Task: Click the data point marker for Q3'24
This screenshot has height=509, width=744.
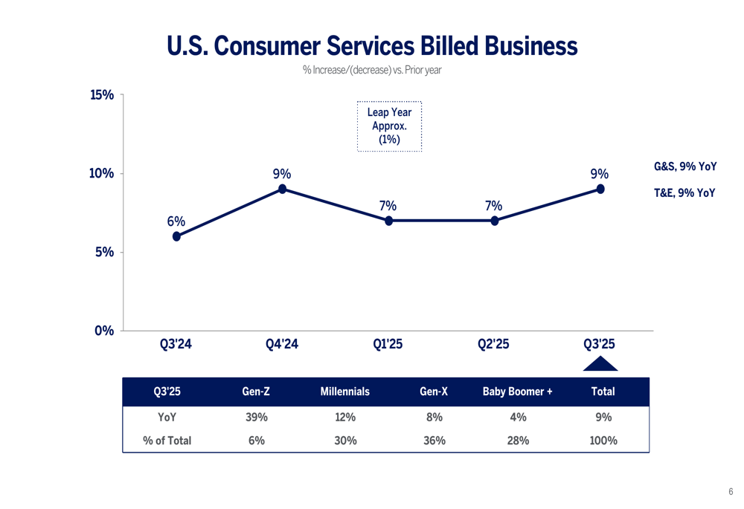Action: point(176,236)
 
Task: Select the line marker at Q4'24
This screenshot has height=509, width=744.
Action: point(283,189)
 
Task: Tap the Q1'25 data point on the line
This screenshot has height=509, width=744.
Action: point(388,221)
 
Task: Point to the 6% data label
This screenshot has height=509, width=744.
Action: point(176,221)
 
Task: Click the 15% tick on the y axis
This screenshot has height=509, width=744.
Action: point(102,95)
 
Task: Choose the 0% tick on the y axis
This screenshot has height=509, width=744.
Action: point(104,331)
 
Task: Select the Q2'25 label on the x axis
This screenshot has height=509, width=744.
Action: point(493,344)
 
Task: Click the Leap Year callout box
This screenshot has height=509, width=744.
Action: point(389,126)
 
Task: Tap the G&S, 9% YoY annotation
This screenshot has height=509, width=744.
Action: point(684,167)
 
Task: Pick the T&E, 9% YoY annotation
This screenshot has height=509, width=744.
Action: point(684,193)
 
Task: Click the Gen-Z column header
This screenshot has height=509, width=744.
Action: point(256,392)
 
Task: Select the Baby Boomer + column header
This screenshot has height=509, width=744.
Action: point(517,392)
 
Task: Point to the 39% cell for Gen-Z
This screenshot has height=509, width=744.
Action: point(256,418)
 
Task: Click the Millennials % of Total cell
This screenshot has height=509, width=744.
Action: point(345,441)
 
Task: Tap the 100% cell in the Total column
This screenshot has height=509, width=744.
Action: point(603,441)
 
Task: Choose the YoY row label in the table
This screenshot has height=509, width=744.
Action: point(167,418)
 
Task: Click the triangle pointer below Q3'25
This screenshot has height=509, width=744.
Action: point(600,364)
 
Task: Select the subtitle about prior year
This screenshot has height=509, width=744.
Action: point(372,71)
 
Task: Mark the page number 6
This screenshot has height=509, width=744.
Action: point(731,492)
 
